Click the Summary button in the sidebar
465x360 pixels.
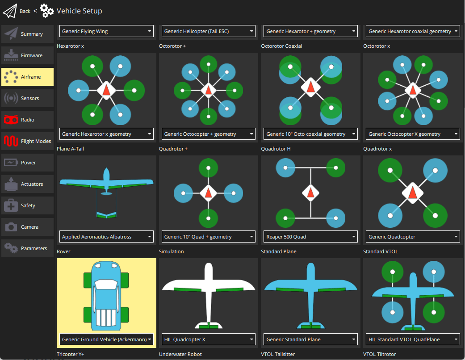[x=28, y=34]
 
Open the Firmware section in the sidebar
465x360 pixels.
[x=28, y=55]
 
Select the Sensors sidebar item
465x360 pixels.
[x=28, y=98]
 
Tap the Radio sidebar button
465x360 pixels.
[x=28, y=120]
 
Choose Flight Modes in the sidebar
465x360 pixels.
[x=28, y=141]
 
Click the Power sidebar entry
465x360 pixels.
[x=28, y=163]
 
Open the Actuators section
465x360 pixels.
[x=28, y=184]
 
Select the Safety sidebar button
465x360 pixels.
[x=28, y=205]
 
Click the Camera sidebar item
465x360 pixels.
[x=28, y=227]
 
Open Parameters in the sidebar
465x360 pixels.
[x=28, y=248]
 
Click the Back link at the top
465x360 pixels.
[x=25, y=11]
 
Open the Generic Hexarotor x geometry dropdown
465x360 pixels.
[x=106, y=134]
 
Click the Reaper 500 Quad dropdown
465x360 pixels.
[x=310, y=237]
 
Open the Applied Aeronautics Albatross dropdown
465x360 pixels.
[x=106, y=237]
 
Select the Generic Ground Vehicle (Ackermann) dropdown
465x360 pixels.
[x=106, y=339]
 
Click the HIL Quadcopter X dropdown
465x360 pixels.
[x=208, y=339]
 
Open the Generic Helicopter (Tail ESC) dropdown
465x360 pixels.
[x=208, y=31]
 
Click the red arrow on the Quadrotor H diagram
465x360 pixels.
[x=310, y=193]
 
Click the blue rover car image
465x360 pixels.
[x=106, y=295]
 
